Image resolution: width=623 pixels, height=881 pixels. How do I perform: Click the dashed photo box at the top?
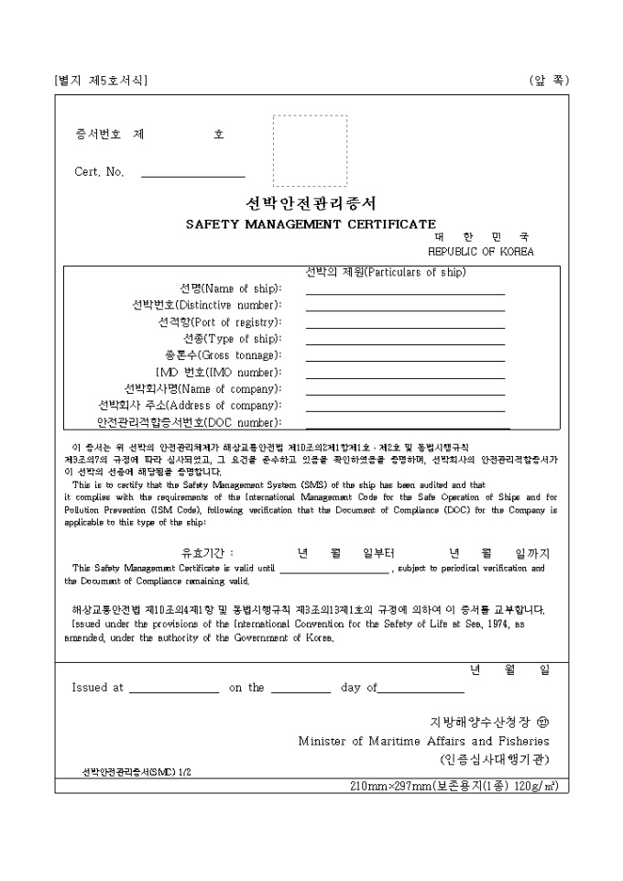click(x=310, y=151)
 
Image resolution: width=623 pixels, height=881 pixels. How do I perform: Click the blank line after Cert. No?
click(x=192, y=174)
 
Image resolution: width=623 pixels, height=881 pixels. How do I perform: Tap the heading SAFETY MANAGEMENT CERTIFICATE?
click(x=311, y=223)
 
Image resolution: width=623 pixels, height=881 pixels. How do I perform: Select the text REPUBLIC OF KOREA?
click(x=480, y=251)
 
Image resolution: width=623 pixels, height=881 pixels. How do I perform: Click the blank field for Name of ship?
click(x=405, y=293)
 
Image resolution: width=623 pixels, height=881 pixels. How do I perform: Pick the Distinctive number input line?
click(x=405, y=310)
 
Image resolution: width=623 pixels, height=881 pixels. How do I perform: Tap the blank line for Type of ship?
click(x=405, y=343)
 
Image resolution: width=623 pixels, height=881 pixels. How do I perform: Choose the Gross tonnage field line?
click(x=405, y=359)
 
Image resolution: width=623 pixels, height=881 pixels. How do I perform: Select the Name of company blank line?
click(x=405, y=393)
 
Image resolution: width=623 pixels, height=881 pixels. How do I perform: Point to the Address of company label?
click(x=190, y=405)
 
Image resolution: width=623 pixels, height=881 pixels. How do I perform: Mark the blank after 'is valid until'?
click(x=334, y=571)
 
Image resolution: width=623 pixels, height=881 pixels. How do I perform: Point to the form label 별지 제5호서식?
click(x=101, y=81)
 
